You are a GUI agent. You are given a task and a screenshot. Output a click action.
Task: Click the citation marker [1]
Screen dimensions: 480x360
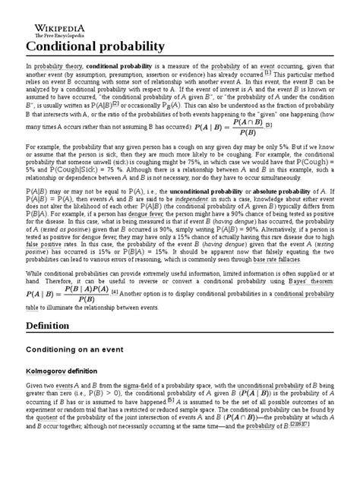pos(332,76)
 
